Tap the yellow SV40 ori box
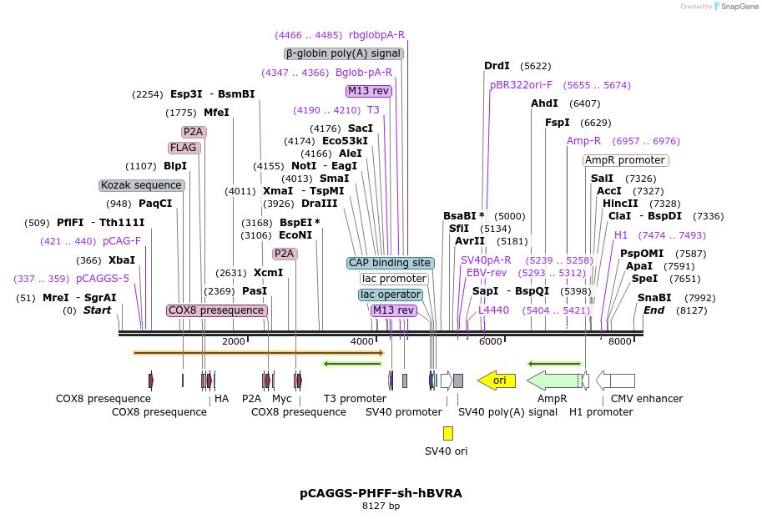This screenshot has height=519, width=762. point(448,433)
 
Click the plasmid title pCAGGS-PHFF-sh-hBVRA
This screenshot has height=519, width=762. point(381,493)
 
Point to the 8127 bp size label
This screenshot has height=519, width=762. point(381,506)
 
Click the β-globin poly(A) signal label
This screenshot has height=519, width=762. point(343,53)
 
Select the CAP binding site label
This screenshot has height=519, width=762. point(391,263)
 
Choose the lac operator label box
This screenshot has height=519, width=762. point(391,295)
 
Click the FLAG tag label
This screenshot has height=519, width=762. point(184,148)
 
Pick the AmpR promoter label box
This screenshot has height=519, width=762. point(625,160)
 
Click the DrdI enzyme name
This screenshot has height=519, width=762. point(497,66)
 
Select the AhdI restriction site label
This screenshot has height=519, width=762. point(544,103)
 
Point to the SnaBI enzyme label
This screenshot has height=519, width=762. point(654,298)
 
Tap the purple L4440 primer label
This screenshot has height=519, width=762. point(493,310)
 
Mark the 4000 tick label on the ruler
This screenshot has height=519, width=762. point(361,341)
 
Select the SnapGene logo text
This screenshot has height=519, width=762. point(735,7)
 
